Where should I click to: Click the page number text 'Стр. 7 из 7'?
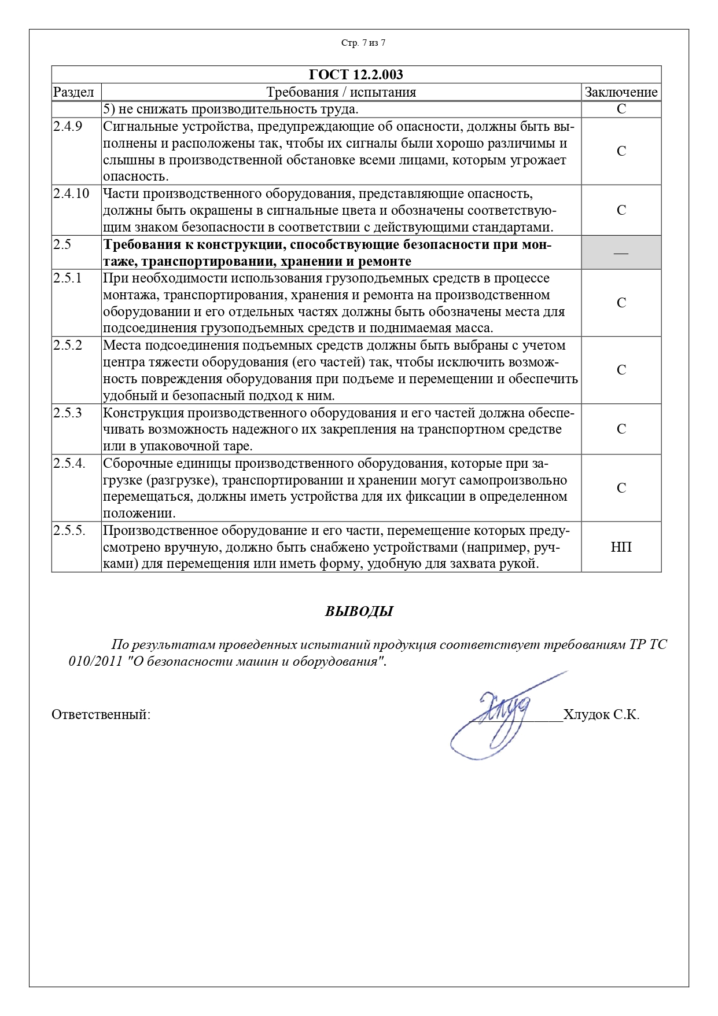point(363,43)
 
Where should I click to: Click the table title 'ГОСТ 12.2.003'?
point(356,75)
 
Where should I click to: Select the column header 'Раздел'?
point(73,92)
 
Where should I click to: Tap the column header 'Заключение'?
point(621,92)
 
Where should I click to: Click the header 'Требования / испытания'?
point(341,92)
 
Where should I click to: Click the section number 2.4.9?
point(68,126)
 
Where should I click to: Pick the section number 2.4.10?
point(71,193)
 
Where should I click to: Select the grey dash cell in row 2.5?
point(621,252)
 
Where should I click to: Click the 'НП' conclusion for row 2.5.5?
point(621,546)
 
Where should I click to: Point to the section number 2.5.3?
point(68,413)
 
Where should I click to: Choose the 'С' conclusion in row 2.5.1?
point(621,303)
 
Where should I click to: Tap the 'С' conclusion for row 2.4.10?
point(621,210)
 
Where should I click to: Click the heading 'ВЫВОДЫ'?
point(359,611)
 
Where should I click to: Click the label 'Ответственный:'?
point(101,714)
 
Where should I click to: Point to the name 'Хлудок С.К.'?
point(601,714)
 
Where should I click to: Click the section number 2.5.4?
point(69,463)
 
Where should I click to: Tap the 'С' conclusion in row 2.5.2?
point(621,370)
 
